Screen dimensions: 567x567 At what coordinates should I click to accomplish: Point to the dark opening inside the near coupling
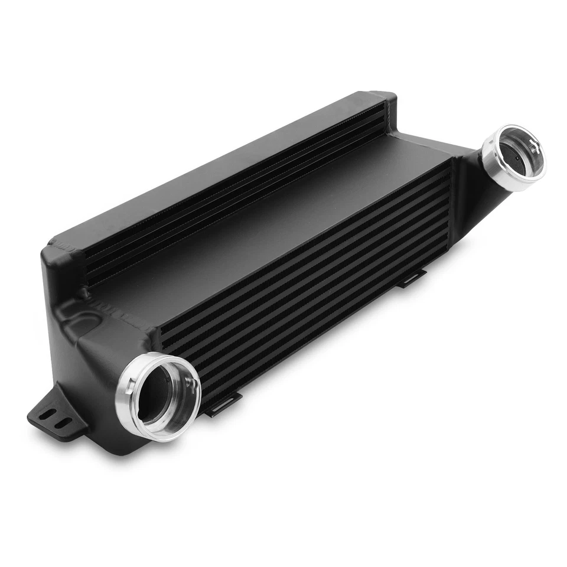tap(159, 394)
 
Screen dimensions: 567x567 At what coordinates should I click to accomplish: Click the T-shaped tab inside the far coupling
tap(533, 145)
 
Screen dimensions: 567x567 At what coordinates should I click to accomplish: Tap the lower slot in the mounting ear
tap(61, 422)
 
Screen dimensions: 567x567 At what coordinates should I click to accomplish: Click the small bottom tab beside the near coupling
tap(219, 408)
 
